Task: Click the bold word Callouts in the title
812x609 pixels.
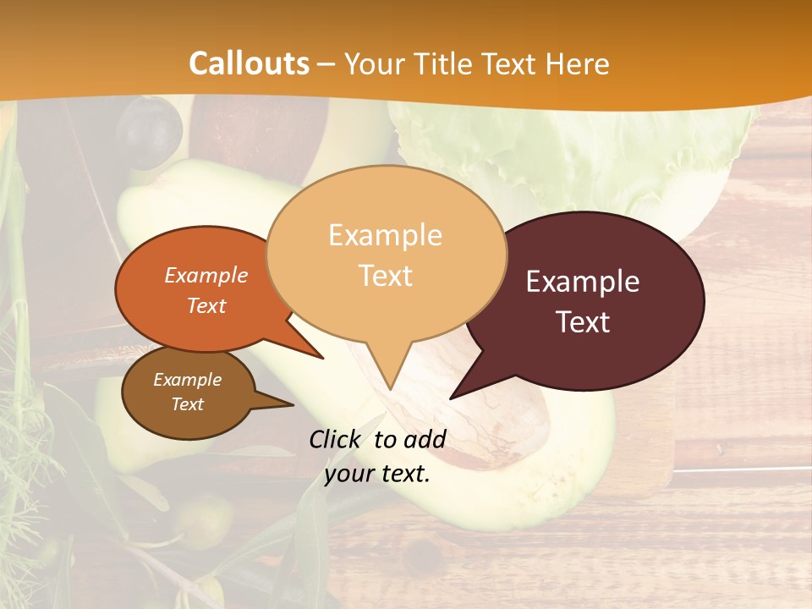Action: (249, 63)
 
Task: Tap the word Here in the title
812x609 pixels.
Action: (578, 63)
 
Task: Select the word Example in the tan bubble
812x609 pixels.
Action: (385, 235)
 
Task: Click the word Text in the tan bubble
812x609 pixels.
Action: (385, 275)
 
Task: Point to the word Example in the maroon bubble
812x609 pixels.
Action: (583, 282)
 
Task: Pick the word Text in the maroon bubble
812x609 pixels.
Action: (583, 322)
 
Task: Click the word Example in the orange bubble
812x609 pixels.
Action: (206, 275)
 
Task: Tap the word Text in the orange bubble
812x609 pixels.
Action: (206, 305)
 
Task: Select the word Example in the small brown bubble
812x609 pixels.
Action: (187, 380)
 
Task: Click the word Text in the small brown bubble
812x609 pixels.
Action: (187, 404)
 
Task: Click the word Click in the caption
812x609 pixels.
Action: (337, 439)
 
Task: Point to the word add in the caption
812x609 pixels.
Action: (425, 439)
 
